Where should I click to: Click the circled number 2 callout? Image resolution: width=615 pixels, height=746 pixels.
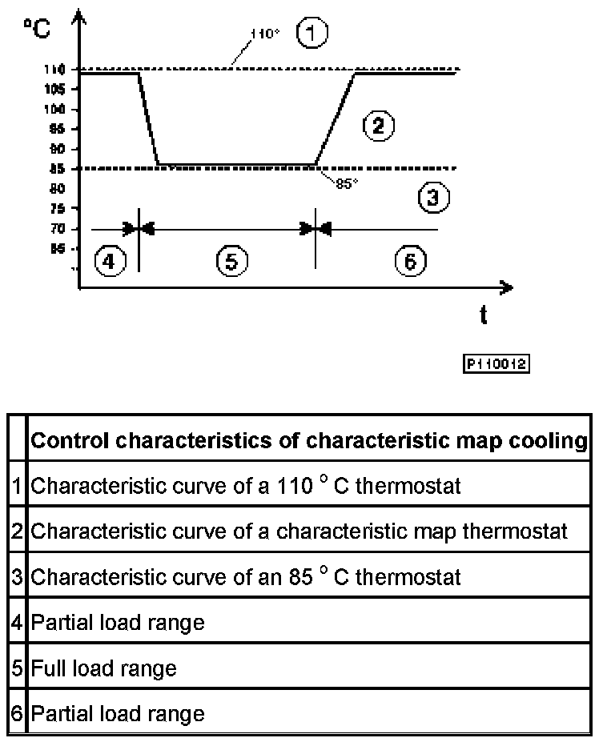point(376,125)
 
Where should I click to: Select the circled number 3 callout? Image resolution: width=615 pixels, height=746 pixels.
point(432,197)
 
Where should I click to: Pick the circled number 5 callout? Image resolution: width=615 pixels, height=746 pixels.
point(231,261)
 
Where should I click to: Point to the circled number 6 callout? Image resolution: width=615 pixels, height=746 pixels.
point(411,260)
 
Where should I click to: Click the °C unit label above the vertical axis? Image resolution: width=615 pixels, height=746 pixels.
point(37,29)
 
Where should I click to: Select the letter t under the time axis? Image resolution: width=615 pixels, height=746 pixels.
point(483,315)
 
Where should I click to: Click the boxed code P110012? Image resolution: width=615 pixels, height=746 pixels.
point(496,364)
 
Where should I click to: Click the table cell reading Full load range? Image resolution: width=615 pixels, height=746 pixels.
point(103,668)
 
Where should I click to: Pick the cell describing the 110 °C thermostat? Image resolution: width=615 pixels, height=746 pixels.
point(245,485)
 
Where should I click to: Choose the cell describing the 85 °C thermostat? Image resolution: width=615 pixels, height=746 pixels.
point(245,576)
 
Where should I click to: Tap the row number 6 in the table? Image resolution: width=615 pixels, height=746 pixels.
point(17,712)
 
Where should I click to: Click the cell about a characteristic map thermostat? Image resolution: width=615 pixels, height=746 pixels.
point(299,531)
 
